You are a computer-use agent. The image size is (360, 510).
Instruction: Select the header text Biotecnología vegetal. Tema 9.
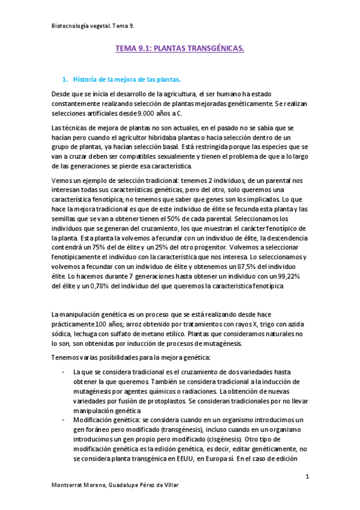tap(90, 26)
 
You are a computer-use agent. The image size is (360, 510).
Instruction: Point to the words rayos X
tap(245, 324)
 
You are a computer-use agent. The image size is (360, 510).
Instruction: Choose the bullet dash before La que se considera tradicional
tap(64, 372)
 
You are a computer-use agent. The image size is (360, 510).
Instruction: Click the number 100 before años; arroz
tap(94, 324)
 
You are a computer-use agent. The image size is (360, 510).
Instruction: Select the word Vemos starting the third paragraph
tap(61, 181)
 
